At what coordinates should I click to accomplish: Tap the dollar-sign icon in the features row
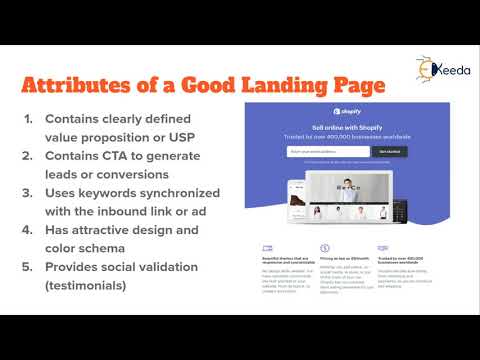click(x=325, y=246)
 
